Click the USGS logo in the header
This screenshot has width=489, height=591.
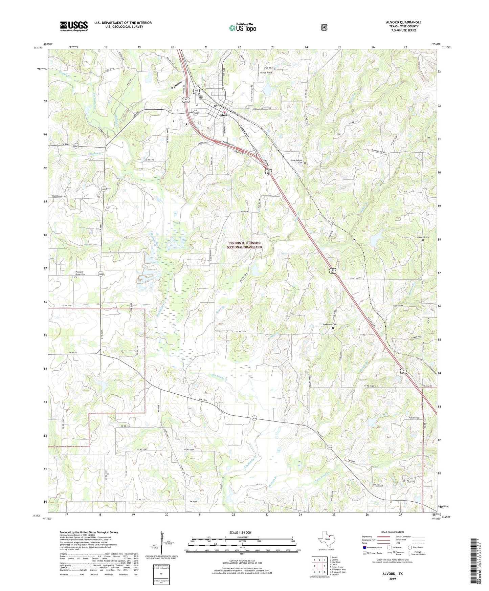(74, 26)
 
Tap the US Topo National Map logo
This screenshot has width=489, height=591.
(243, 28)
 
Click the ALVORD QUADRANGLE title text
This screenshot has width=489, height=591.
(403, 22)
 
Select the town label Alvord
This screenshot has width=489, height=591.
(224, 115)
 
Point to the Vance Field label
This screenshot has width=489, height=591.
(266, 73)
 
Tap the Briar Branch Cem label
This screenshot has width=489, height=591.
(297, 162)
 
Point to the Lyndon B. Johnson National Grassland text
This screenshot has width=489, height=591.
(245, 245)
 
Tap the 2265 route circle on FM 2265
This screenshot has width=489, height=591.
(76, 147)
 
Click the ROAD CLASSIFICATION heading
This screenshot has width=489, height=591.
(393, 532)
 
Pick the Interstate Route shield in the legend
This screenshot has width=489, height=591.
(364, 547)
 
